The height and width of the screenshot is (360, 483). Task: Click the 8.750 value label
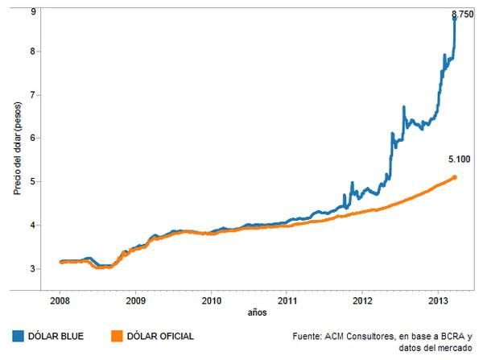(461, 14)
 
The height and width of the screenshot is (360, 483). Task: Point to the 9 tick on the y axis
(32, 11)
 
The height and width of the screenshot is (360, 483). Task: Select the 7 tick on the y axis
(32, 95)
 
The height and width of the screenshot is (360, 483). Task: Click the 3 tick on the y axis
(32, 268)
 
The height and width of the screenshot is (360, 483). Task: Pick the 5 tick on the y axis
(32, 181)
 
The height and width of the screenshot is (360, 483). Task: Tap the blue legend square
(18, 336)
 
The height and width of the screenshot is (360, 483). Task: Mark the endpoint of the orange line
(455, 177)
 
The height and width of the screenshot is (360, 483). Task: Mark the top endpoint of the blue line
(455, 18)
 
